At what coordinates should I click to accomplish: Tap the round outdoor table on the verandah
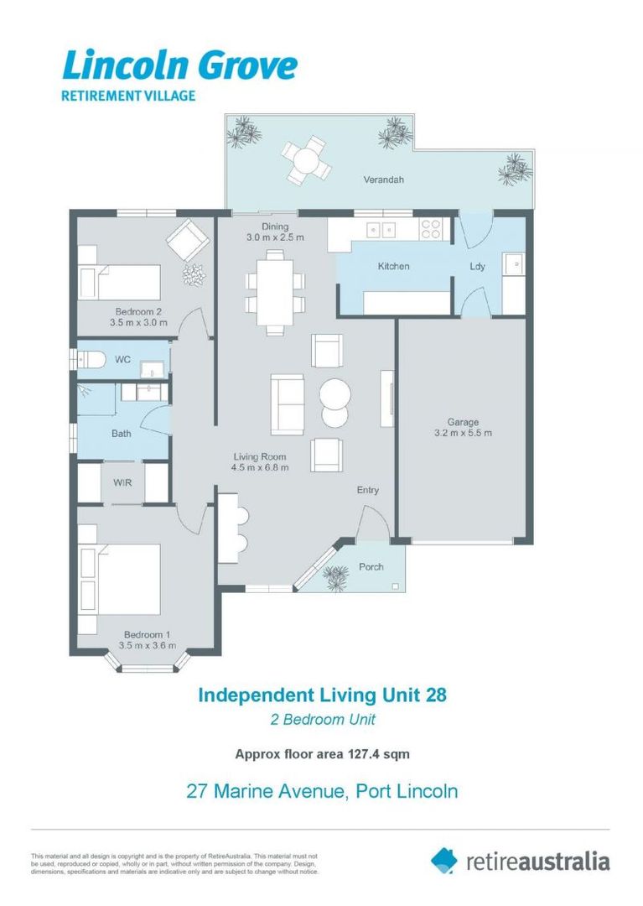coord(306,159)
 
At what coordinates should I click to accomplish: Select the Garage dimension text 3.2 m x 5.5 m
coord(463,434)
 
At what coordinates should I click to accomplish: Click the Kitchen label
coord(393,266)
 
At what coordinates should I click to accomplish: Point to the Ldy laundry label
coord(477,266)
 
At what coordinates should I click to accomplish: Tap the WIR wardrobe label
coord(122,482)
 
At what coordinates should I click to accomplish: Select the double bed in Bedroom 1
coord(120,578)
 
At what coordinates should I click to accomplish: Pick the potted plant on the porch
coord(336,576)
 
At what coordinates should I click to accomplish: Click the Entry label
coord(368,490)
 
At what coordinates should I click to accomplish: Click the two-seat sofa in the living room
coord(288,404)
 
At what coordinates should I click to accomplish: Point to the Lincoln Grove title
coord(179,65)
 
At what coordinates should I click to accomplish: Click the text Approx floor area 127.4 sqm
coord(322,753)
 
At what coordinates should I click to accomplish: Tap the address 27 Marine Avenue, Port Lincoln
coord(322,790)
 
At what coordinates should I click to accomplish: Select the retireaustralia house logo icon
coord(444,860)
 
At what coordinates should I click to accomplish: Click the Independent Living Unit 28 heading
coord(322,695)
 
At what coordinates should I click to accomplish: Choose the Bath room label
coord(122,434)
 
